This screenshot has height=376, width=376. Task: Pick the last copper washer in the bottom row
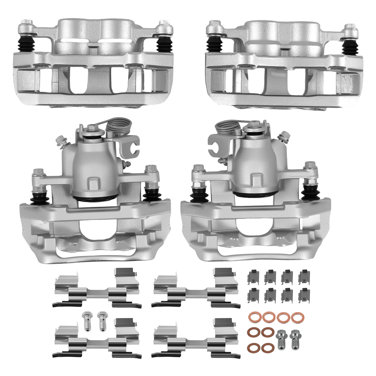(267, 347)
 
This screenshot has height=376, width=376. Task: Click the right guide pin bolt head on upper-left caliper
(163, 27)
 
